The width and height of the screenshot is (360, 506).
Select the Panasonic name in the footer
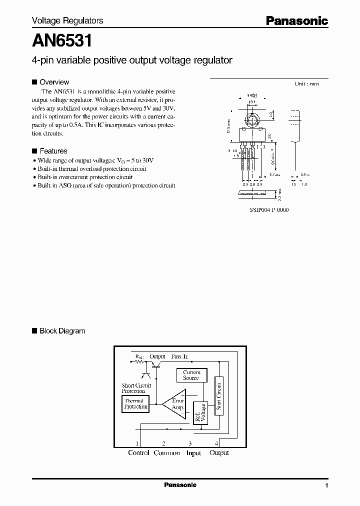tap(180, 485)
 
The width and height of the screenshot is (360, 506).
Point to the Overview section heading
tap(54, 82)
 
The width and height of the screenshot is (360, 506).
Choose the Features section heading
tap(53, 151)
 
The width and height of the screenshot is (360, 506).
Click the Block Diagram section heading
tap(62, 331)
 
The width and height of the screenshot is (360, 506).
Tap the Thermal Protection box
tap(135, 403)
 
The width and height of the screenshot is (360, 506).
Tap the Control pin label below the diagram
tap(138, 453)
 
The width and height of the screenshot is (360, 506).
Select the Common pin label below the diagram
tap(167, 453)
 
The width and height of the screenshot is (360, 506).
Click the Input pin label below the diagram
tap(193, 453)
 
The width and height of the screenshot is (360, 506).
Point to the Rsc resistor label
tap(138, 357)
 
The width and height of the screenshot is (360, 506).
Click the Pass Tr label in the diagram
tap(179, 357)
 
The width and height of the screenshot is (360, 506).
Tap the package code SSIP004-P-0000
tap(269, 210)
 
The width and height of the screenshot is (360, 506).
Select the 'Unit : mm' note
tap(306, 84)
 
